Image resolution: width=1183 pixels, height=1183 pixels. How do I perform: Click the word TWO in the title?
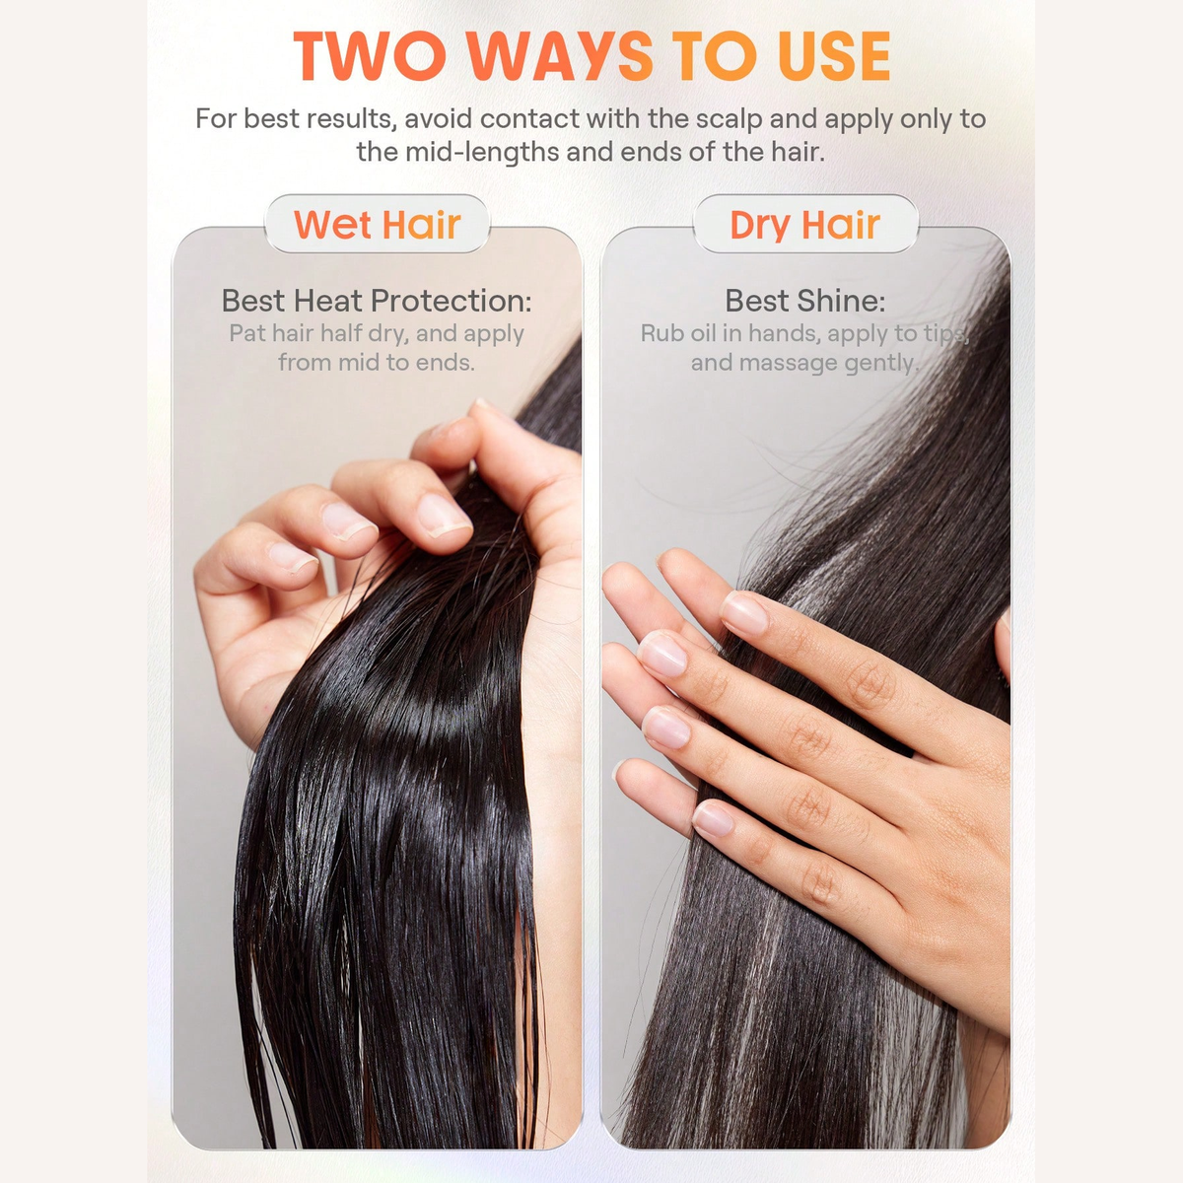pos(369,56)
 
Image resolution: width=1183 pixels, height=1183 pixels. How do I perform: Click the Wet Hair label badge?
pos(377,224)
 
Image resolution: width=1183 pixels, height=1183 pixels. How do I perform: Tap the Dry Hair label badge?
pos(805,224)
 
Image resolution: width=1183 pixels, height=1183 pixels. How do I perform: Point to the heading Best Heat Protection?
pos(377,301)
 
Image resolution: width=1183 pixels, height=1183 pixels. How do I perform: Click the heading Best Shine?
pos(805,301)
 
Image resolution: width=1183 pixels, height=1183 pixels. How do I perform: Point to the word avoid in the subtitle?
pos(439,119)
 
